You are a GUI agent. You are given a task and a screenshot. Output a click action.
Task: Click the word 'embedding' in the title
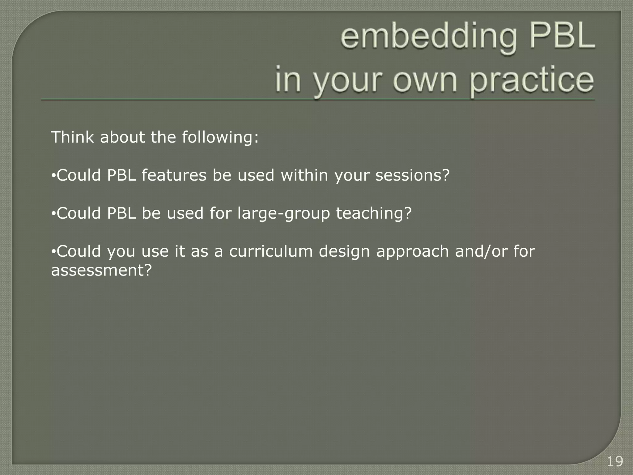[428, 39]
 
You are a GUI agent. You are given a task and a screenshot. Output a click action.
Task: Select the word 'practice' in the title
[532, 81]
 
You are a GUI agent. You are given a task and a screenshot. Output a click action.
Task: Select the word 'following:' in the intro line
[220, 138]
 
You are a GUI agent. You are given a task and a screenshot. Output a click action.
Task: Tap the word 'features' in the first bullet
[174, 175]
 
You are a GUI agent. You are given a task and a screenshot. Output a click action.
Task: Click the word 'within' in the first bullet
[304, 175]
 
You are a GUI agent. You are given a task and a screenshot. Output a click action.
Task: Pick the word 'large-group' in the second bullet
[284, 214]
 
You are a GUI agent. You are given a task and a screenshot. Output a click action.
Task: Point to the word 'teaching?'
[374, 214]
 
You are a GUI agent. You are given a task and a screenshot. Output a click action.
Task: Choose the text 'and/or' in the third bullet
[481, 251]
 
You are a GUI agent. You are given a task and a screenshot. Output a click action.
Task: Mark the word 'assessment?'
[102, 270]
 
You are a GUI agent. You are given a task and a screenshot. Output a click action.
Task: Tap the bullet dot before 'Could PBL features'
[53, 176]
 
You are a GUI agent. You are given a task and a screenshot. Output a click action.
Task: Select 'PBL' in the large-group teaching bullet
[121, 213]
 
